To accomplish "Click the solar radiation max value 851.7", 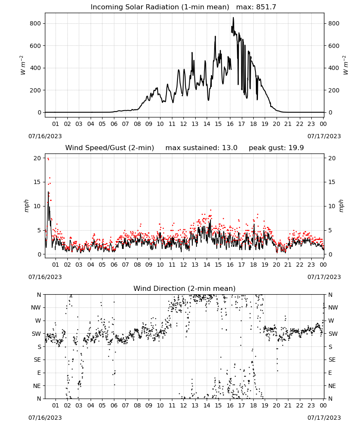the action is [x=266, y=7].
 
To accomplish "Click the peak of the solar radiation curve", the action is [x=233, y=18].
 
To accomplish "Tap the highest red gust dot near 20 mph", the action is [x=48, y=159].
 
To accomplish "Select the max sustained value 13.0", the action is [x=230, y=148].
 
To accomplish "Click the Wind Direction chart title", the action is [x=185, y=288].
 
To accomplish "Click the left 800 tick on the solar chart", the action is [x=36, y=23].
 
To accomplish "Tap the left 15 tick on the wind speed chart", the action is [x=37, y=182].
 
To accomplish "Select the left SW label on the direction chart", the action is [x=36, y=334].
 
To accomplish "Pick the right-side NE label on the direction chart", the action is [x=332, y=386].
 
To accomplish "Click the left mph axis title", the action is [x=26, y=206].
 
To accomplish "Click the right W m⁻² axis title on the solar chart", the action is [x=346, y=65].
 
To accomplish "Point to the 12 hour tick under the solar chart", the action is [x=183, y=124].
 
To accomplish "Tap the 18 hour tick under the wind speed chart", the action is [x=253, y=265].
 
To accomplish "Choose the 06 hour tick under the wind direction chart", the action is [x=114, y=405].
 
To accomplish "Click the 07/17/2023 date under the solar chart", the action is [x=324, y=136].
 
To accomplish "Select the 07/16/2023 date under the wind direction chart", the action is [x=45, y=418].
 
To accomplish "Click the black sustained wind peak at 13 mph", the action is [x=48, y=192].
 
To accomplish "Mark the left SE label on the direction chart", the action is [x=37, y=360].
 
